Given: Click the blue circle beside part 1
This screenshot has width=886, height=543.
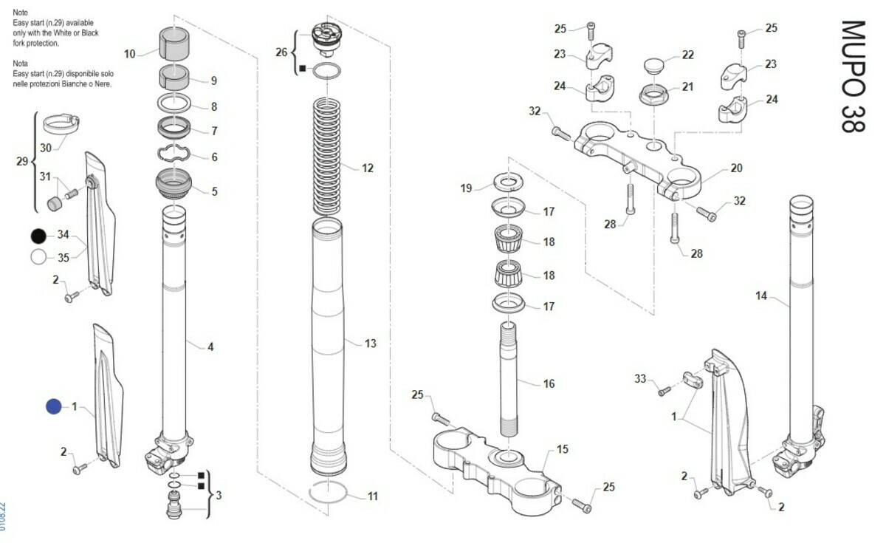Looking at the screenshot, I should (x=53, y=406).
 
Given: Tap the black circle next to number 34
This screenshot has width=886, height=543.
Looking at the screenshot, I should (x=38, y=236).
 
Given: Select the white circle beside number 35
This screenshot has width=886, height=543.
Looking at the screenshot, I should (x=38, y=257).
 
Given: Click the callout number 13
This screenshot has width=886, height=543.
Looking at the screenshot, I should (x=370, y=344).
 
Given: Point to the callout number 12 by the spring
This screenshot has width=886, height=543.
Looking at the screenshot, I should (x=367, y=168).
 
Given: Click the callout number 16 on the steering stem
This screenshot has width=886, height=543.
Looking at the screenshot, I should (x=549, y=384).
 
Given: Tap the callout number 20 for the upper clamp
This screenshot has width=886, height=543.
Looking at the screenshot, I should (x=736, y=168).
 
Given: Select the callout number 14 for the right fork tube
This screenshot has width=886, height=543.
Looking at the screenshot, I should (x=761, y=296).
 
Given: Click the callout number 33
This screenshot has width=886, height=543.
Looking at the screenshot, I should (x=640, y=379).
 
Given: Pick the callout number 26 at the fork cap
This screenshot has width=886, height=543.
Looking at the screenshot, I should (x=281, y=52).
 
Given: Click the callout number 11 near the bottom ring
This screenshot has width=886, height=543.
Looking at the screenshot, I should (x=372, y=496).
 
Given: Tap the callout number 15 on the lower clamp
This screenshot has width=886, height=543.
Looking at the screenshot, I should (x=563, y=449).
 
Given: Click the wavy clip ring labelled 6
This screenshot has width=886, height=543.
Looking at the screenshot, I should (x=174, y=154).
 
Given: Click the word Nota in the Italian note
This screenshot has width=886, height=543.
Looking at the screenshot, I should (x=21, y=64).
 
